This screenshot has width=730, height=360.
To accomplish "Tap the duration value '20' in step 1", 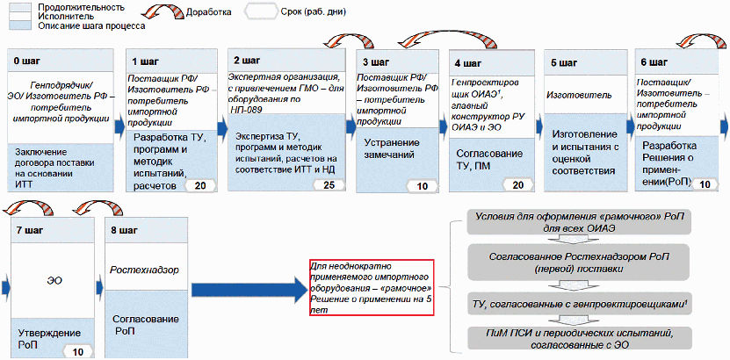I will pyautogui.click(x=201, y=185).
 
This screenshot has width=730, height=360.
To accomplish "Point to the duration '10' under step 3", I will pyautogui.click(x=423, y=185).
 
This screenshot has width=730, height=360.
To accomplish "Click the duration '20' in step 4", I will pyautogui.click(x=517, y=185).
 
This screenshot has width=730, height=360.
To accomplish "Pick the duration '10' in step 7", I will pyautogui.click(x=78, y=351).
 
